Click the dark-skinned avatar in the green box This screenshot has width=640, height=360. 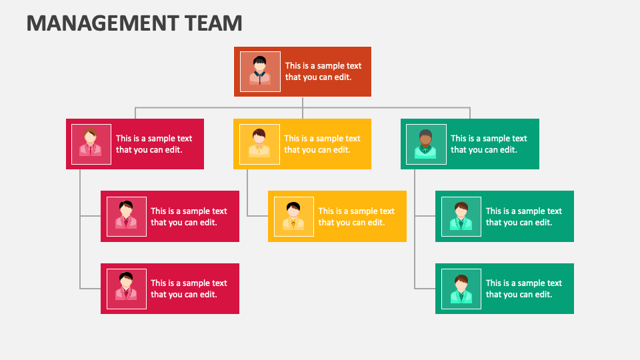[x=425, y=144]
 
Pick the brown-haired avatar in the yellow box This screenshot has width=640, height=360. [x=259, y=144]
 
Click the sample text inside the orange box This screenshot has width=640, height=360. [x=323, y=71]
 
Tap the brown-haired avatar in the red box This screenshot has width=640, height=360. [x=91, y=144]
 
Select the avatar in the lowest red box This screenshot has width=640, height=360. [x=126, y=289]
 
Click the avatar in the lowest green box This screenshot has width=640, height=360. [x=461, y=289]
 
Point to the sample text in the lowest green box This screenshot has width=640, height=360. [x=523, y=289]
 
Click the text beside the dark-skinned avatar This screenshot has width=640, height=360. [x=489, y=144]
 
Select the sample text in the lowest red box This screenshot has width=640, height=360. [x=189, y=289]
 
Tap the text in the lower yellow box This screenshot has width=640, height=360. [x=356, y=217]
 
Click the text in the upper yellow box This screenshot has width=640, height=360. [x=322, y=144]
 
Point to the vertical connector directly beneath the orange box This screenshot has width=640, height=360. [x=303, y=102]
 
